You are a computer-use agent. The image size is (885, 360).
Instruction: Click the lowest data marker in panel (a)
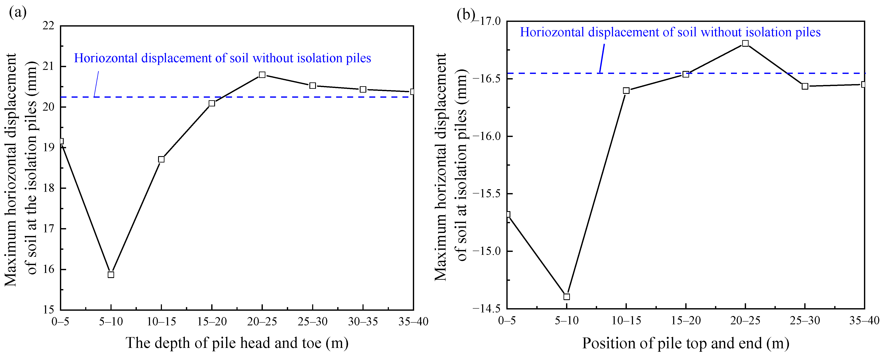click(111, 274)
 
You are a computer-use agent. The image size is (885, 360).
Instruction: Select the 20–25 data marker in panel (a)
click(262, 75)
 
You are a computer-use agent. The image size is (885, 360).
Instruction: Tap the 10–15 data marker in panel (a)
click(161, 159)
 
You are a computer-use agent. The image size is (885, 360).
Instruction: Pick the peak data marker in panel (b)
click(745, 43)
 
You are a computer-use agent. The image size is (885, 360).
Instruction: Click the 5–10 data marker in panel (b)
click(566, 296)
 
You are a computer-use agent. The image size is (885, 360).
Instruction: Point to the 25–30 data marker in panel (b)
click(805, 86)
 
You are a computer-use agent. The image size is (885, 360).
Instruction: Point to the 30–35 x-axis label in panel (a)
click(363, 322)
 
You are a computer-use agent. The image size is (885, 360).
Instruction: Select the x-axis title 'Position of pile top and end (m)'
click(685, 343)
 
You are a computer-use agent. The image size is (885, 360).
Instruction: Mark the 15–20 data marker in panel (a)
click(212, 103)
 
